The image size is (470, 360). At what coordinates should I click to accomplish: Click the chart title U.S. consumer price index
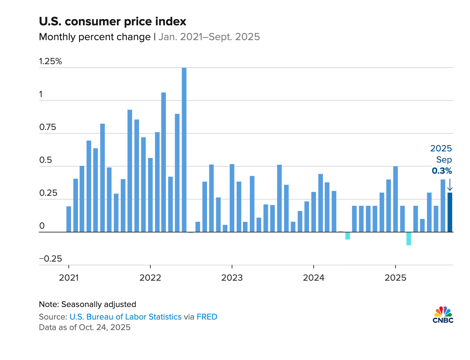click(113, 22)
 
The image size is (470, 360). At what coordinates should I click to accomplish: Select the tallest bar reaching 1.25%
click(184, 150)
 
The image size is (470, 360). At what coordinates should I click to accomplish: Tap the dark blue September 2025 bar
click(450, 212)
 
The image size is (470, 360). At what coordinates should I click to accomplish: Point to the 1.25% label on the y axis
click(50, 62)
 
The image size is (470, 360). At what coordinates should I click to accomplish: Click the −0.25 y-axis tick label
click(50, 259)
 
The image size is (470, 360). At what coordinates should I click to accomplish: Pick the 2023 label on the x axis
click(232, 278)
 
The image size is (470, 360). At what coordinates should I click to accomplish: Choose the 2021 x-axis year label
click(69, 278)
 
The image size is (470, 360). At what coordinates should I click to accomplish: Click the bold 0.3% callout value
click(442, 171)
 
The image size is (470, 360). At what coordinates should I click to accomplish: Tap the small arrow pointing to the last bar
click(450, 184)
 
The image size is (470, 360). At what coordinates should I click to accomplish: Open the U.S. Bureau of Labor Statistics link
click(125, 317)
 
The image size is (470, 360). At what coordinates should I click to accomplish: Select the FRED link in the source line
click(207, 317)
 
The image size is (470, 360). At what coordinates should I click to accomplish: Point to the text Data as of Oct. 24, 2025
click(85, 327)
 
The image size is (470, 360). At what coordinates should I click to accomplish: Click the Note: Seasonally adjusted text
click(87, 304)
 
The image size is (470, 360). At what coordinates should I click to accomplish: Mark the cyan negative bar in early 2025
click(409, 239)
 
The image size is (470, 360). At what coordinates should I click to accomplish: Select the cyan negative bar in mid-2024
click(348, 236)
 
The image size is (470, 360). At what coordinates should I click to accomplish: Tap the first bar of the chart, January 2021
click(69, 219)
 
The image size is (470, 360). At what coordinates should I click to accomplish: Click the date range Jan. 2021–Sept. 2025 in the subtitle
click(209, 37)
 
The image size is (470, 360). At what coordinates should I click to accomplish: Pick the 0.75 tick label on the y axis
click(48, 127)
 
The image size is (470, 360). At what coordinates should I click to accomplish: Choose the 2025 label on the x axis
click(395, 278)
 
